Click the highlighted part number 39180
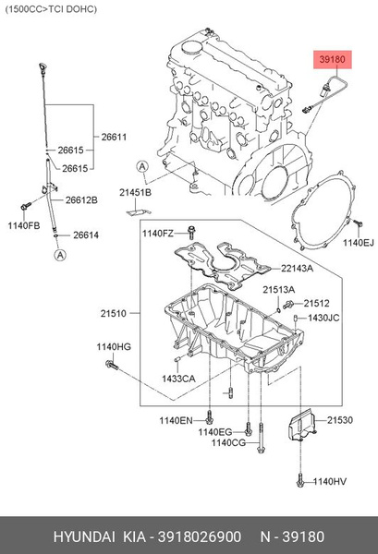332,59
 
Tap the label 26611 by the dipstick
114,137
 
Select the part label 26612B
81,200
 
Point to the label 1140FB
24,226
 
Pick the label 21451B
135,191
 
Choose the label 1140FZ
157,234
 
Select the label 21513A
278,291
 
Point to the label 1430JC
324,318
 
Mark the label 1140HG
114,346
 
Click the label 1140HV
330,481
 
